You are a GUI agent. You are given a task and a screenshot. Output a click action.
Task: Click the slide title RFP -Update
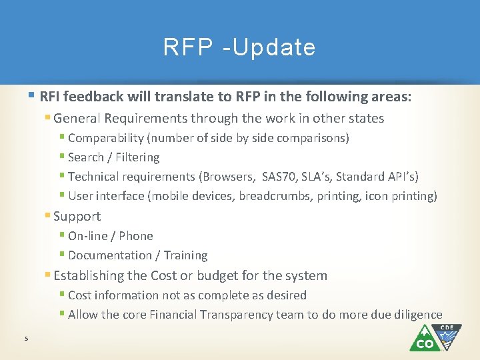click(239, 47)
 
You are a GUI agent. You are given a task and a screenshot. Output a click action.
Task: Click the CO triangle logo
click(424, 340)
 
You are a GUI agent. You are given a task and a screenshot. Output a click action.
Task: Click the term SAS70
click(281, 177)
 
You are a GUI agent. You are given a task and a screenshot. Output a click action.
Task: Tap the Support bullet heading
click(77, 216)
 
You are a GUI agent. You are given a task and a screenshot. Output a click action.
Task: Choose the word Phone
click(136, 236)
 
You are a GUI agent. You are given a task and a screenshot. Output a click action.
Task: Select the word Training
click(185, 255)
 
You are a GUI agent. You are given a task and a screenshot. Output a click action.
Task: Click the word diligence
click(417, 315)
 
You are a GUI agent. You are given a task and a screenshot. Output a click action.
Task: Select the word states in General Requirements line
click(366, 119)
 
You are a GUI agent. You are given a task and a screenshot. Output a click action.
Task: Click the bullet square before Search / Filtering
click(62, 157)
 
